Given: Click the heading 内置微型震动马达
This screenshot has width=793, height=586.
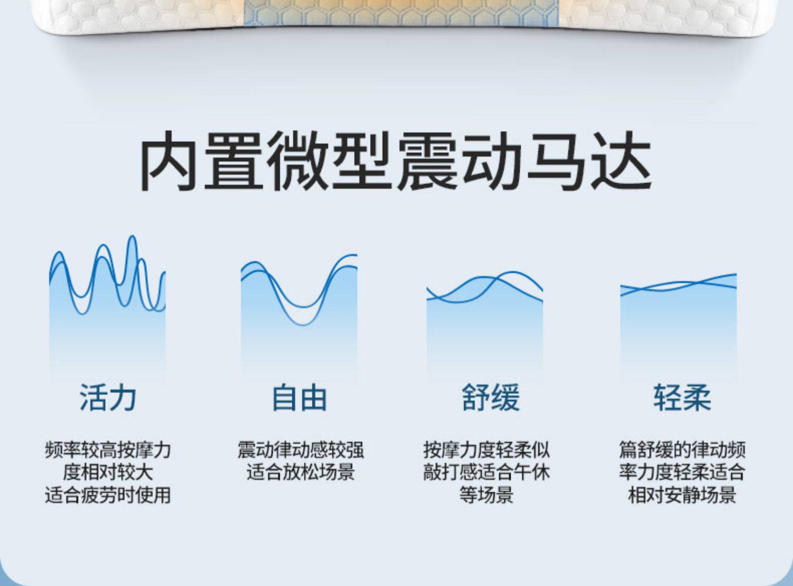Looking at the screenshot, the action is [395, 161].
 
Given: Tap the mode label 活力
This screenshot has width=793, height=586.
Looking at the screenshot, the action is [108, 398].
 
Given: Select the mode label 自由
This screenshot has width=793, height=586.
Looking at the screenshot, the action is [299, 398].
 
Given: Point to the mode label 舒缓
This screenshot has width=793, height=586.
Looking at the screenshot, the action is [491, 398].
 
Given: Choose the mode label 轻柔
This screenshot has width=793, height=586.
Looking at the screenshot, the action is [682, 398].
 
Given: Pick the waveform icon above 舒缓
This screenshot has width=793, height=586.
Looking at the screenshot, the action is [484, 326].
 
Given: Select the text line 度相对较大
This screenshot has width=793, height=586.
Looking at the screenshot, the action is [108, 472].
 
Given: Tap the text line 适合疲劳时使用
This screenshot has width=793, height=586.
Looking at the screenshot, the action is [108, 495].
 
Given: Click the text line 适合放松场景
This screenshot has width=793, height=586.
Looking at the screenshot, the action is [300, 472].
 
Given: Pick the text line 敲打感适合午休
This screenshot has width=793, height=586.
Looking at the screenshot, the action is [486, 472].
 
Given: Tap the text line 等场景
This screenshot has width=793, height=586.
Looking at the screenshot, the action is [486, 495].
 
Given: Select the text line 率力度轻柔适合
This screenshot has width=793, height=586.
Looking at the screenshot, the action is [682, 472].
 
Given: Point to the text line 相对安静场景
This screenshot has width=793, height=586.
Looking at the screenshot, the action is [682, 495].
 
